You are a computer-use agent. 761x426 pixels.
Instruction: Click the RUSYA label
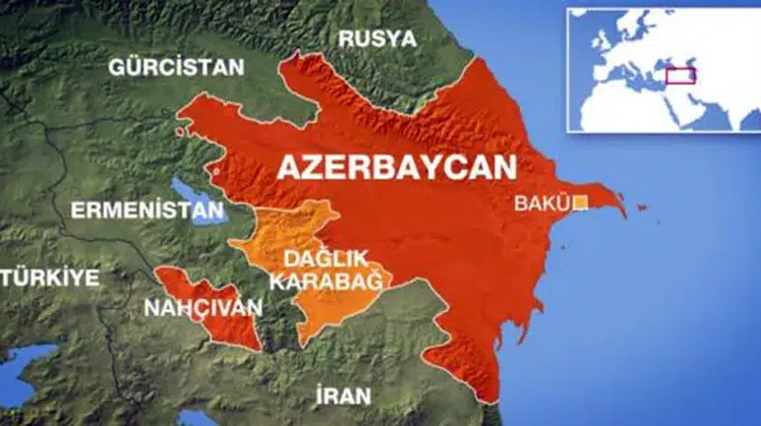pos(377,39)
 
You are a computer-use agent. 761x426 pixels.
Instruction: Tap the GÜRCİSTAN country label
pos(176,68)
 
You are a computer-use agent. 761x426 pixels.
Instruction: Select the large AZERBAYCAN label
pos(397,166)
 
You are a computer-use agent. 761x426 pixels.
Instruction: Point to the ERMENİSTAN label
pos(147,210)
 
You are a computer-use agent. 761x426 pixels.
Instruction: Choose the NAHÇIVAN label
pos(204,308)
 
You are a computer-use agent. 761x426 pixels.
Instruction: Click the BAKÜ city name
pos(543,205)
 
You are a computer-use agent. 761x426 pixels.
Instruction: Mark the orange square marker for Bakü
pos(581,203)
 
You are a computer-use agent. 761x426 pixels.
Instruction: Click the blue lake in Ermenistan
pos(192,200)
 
